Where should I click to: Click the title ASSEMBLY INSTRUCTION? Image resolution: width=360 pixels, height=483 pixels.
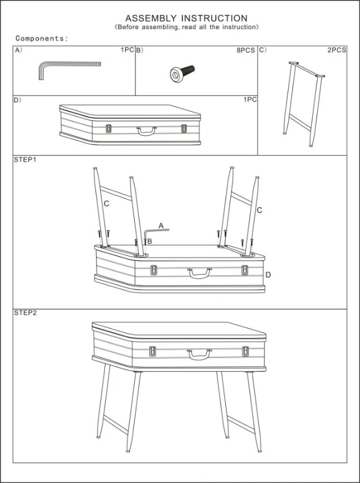coord(186,19)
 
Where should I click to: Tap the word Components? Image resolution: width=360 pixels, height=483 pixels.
coord(42,39)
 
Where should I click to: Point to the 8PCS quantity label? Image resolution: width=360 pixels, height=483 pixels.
coord(245,50)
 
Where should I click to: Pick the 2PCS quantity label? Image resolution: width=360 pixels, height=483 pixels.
coord(336,50)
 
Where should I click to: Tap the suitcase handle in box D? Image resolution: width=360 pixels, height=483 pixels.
coord(146,130)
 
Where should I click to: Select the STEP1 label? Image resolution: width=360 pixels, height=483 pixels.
coord(25,161)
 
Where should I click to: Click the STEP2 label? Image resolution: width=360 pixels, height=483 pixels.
coord(25,313)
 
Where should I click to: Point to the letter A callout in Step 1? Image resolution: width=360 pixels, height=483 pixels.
coord(161,225)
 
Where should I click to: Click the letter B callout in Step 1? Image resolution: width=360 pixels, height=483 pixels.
coord(149,241)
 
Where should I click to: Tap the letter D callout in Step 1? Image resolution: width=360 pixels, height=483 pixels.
coord(268,275)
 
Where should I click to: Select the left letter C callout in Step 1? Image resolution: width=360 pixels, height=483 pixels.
coord(106,204)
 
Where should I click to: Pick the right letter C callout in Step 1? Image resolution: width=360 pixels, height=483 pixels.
coord(259,210)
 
